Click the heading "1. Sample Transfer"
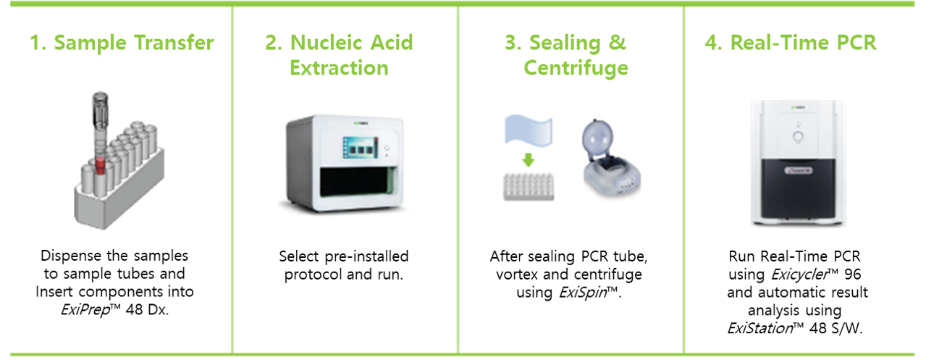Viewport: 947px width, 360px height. click(122, 43)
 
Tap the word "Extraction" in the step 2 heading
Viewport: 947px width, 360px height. click(339, 67)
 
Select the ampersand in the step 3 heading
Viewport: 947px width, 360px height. click(618, 43)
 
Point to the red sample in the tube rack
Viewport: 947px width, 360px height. click(100, 165)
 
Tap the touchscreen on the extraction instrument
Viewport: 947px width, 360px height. click(361, 148)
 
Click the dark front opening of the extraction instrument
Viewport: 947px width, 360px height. click(358, 182)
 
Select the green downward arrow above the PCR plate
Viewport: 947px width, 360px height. click(528, 160)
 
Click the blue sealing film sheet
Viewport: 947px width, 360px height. click(529, 130)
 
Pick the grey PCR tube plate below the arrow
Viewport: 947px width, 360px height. click(529, 187)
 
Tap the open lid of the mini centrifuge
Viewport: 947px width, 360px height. click(597, 136)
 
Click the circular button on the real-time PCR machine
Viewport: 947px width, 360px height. click(798, 137)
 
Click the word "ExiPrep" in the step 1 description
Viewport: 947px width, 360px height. click(85, 310)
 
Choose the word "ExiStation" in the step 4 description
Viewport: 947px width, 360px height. click(759, 328)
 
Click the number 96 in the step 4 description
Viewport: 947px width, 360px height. click(852, 275)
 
